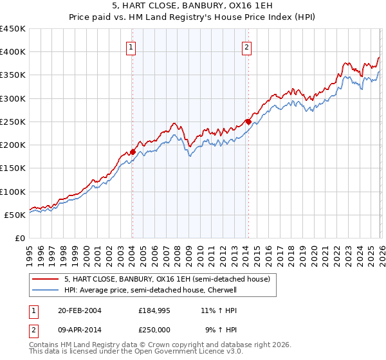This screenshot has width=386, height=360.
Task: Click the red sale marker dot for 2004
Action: (133, 152)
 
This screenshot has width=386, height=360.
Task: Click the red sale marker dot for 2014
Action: (248, 122)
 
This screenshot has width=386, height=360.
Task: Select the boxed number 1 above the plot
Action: (131, 46)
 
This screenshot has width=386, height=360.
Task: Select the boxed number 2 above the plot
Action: (247, 46)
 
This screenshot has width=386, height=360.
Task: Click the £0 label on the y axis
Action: (19, 238)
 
